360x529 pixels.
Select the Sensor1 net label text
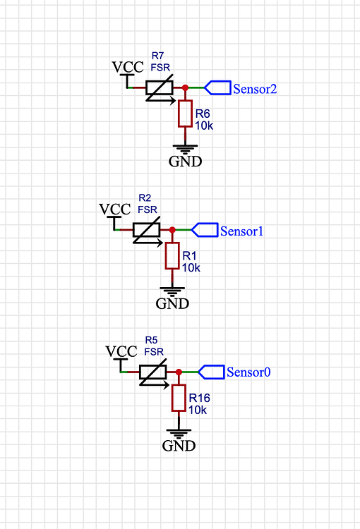(241, 231)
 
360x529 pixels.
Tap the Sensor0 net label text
(248, 372)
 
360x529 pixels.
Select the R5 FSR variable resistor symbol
(153, 372)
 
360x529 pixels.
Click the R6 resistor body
(185, 114)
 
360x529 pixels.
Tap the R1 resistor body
(172, 255)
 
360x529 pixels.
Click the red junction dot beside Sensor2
(185, 88)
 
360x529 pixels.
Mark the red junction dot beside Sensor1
(172, 230)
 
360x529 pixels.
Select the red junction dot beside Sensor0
(179, 372)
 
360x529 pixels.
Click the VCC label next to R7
(128, 68)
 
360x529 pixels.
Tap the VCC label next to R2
(115, 209)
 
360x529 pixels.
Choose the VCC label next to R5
(121, 351)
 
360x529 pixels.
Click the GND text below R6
(185, 162)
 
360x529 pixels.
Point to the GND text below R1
(172, 304)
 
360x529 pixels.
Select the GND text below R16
(179, 446)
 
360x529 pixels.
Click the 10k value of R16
(198, 409)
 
